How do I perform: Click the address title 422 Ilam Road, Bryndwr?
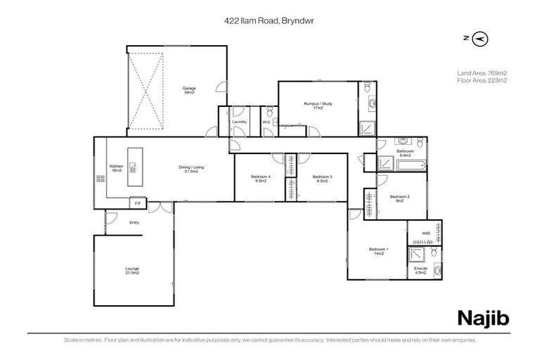[x=269, y=22]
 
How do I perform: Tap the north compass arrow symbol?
[x=481, y=38]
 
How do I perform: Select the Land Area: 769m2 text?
[x=482, y=72]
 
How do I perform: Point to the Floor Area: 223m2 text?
[x=482, y=80]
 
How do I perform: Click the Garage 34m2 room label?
[x=189, y=90]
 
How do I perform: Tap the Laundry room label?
[x=239, y=122]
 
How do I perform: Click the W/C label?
[x=266, y=122]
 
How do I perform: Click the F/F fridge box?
[x=138, y=203]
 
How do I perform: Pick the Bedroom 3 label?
[x=321, y=179]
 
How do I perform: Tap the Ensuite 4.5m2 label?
[x=420, y=270]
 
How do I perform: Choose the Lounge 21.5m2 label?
[x=131, y=270]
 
